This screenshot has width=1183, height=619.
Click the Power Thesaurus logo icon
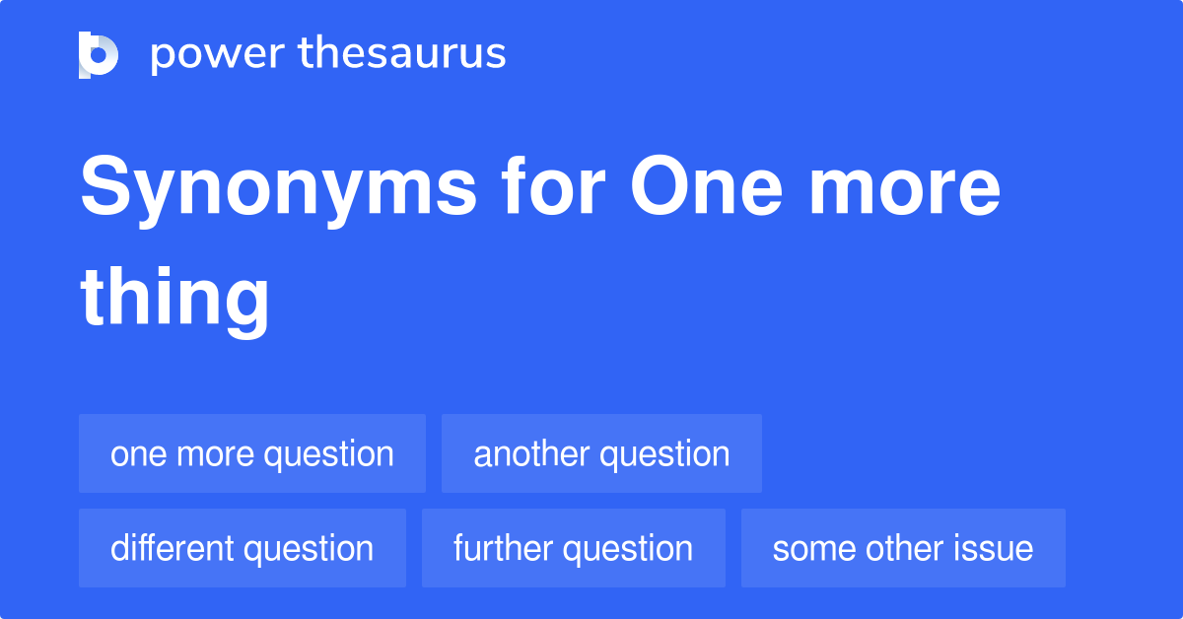(x=99, y=54)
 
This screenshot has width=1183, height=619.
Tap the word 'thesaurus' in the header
(x=402, y=54)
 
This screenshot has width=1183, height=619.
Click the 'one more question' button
(x=252, y=453)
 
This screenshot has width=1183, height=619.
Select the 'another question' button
(x=601, y=453)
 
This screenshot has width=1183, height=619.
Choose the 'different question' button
(x=243, y=548)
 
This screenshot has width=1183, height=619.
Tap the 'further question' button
(x=573, y=548)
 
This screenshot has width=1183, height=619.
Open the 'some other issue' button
(x=903, y=548)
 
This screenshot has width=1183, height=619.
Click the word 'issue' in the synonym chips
(x=994, y=548)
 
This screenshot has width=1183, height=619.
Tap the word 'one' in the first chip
(x=132, y=454)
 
